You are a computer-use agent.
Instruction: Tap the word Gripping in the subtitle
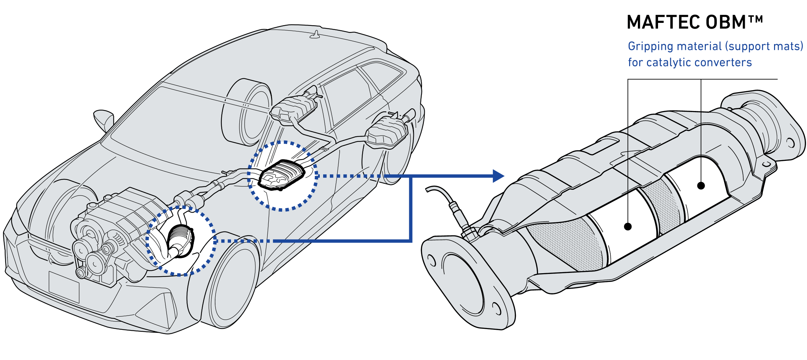(x=651, y=46)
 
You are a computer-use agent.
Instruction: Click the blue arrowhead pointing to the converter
(x=498, y=176)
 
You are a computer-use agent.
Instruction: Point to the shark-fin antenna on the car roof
(x=315, y=35)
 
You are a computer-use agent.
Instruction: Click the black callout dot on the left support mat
(x=627, y=226)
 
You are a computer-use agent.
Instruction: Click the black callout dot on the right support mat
(x=701, y=186)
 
